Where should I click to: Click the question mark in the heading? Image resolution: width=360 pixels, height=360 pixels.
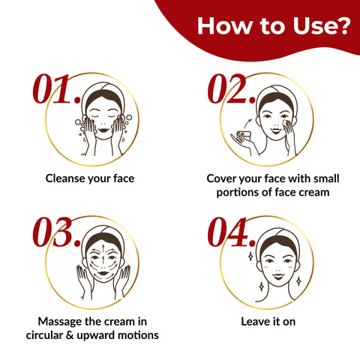(x=343, y=25)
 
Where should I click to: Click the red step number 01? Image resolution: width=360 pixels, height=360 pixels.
(x=57, y=89)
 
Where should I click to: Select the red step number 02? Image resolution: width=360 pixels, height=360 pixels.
(x=232, y=89)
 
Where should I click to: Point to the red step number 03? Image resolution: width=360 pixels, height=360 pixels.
(x=57, y=232)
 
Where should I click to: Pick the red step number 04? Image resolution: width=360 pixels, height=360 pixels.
(x=232, y=232)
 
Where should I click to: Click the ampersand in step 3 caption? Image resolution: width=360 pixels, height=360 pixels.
(x=70, y=335)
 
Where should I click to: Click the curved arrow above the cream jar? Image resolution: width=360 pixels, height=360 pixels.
(x=247, y=123)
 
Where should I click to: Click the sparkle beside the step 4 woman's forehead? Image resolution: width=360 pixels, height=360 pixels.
(x=250, y=256)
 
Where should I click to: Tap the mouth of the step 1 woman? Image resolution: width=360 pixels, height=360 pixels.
(x=103, y=130)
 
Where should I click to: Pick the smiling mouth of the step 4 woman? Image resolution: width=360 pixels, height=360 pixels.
(x=278, y=276)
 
